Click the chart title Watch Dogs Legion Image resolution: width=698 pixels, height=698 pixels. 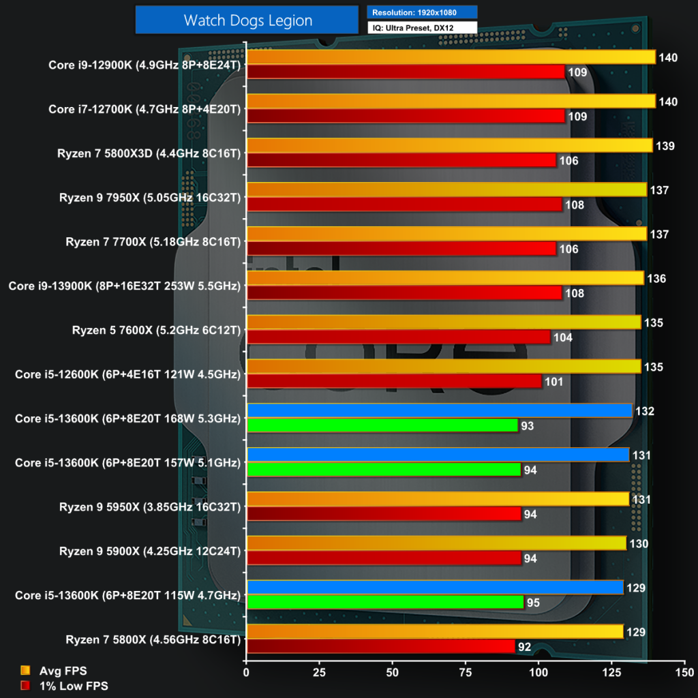tap(247, 20)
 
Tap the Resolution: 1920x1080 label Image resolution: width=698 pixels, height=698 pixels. tap(422, 12)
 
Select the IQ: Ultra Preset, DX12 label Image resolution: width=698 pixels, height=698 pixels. tap(422, 28)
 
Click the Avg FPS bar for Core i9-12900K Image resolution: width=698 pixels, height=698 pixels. tap(451, 57)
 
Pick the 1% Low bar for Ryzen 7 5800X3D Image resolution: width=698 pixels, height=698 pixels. tap(401, 160)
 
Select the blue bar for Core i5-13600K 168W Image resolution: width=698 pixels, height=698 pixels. tap(439, 411)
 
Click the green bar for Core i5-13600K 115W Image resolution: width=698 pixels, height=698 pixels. tap(384, 602)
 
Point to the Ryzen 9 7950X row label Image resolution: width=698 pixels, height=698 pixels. tap(149, 198)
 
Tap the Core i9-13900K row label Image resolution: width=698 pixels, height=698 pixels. tap(125, 286)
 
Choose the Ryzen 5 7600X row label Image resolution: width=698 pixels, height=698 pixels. tap(156, 331)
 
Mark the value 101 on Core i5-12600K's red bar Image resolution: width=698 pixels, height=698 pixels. tap(554, 382)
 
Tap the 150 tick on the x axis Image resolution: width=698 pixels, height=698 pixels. tap(684, 672)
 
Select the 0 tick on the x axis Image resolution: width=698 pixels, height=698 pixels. tap(246, 672)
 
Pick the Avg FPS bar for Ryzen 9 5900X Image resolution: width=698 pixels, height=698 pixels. tap(436, 543)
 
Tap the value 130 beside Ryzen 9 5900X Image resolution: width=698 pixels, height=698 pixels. tap(639, 544)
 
